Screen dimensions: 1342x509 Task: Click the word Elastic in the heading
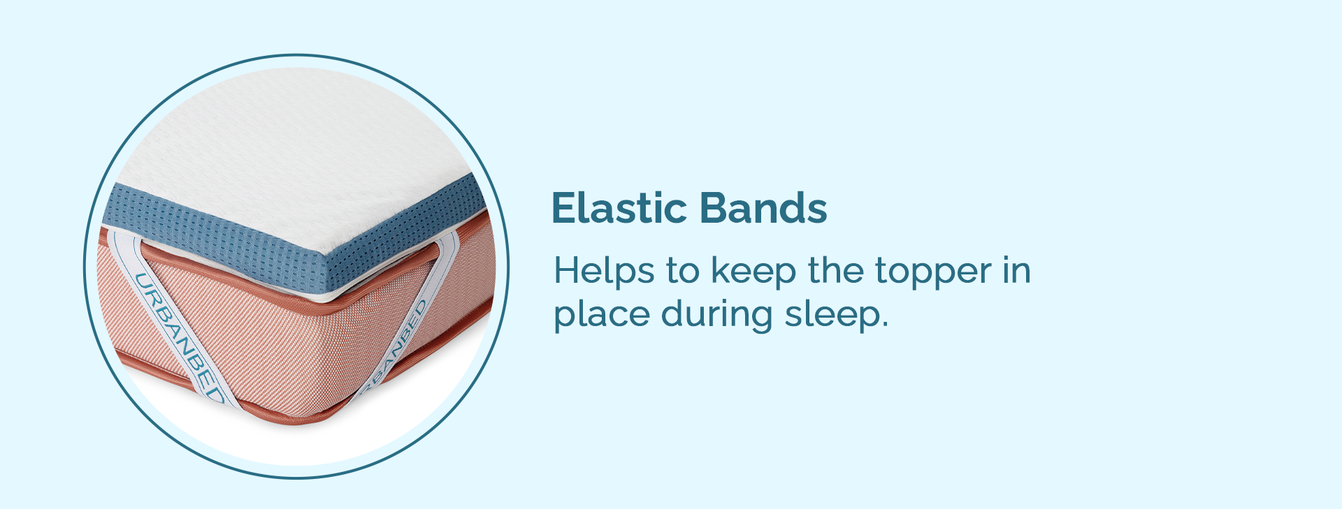pos(618,208)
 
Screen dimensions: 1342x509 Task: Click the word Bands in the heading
pos(763,208)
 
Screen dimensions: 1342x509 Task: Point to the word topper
pos(933,274)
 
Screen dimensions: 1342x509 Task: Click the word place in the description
pos(601,315)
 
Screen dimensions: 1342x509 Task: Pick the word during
pos(716,315)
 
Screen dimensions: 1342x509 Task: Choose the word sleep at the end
pos(831,315)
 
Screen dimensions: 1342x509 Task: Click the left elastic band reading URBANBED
pos(176,321)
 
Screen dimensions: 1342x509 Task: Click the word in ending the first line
pos(1017,271)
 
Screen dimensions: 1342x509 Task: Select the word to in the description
pos(682,272)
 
